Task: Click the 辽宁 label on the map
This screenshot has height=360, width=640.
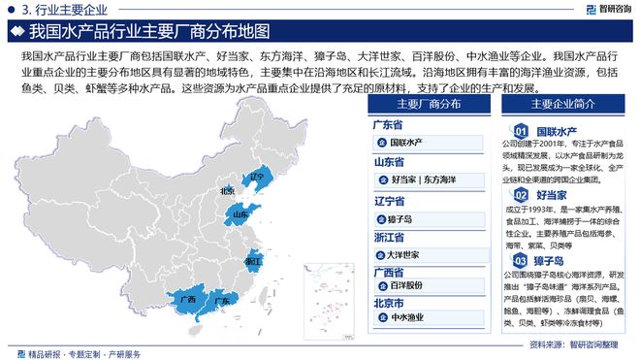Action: pyautogui.click(x=256, y=178)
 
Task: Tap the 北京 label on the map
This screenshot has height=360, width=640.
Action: pyautogui.click(x=227, y=191)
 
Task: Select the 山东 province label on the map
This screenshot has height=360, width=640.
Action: pyautogui.click(x=240, y=214)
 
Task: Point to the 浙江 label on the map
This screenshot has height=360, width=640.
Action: pyautogui.click(x=253, y=261)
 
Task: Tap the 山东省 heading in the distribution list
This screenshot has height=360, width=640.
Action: pyautogui.click(x=388, y=161)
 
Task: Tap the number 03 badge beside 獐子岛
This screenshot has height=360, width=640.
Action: pyautogui.click(x=520, y=261)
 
